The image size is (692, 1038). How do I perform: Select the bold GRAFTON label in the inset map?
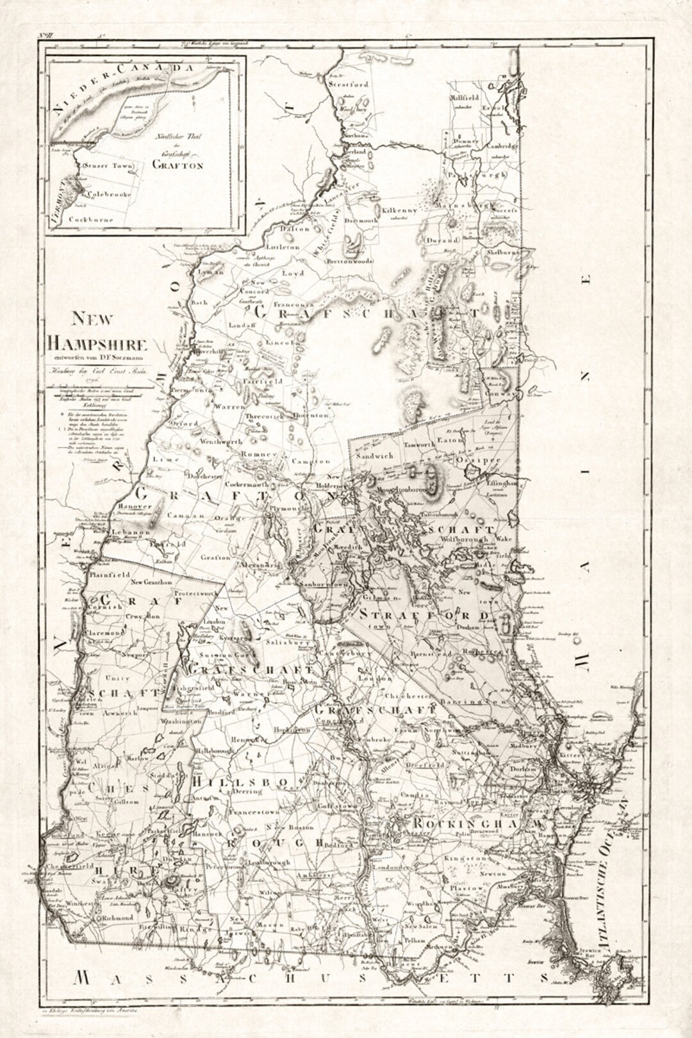click(x=177, y=165)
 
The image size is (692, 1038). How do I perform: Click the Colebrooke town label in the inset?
click(x=109, y=194)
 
